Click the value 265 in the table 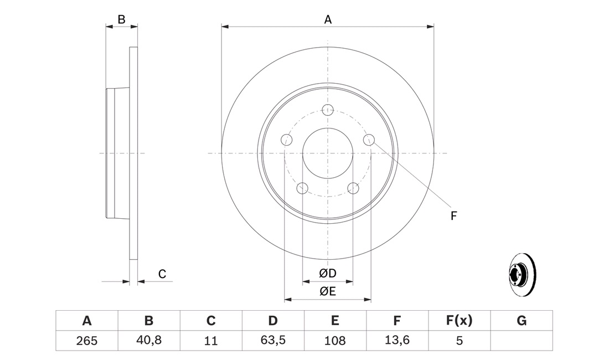(x=86, y=341)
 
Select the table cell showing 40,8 (x=149, y=340)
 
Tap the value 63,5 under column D (x=273, y=340)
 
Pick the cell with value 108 (x=335, y=341)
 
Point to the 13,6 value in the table (x=397, y=340)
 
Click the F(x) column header (x=459, y=320)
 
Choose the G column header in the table (x=521, y=320)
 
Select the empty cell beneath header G (x=522, y=341)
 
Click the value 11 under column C (x=211, y=341)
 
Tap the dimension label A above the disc (x=328, y=19)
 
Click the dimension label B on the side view (x=122, y=19)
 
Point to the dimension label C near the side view (x=162, y=274)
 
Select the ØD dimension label (x=327, y=274)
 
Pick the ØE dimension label (x=327, y=291)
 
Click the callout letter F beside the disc (x=453, y=216)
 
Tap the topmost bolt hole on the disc (x=328, y=110)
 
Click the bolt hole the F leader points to (x=369, y=140)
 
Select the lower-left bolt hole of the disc (x=302, y=188)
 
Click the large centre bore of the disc (x=328, y=153)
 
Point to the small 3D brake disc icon (x=522, y=275)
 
